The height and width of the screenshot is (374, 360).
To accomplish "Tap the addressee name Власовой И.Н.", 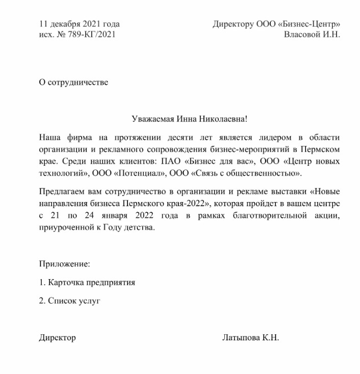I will pyautogui.click(x=312, y=34).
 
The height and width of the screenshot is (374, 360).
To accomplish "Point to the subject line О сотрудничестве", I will pyautogui.click(x=73, y=82).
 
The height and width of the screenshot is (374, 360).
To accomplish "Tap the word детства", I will pyautogui.click(x=137, y=228).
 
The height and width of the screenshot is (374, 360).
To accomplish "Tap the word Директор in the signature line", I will pyautogui.click(x=57, y=338).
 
